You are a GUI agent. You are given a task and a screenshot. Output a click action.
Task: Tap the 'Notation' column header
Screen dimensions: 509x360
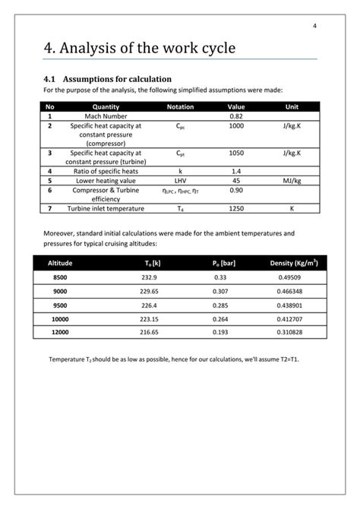point(180,107)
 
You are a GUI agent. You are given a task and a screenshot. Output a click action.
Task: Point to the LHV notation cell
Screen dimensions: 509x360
point(180,181)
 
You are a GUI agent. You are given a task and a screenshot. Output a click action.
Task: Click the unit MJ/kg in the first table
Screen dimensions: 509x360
point(292,181)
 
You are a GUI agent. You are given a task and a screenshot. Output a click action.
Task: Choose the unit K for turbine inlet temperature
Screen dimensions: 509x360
point(292,207)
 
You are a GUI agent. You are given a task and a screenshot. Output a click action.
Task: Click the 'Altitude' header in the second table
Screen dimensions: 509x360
point(60,263)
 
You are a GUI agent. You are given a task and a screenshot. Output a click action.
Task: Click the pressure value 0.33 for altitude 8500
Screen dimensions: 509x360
point(224,278)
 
